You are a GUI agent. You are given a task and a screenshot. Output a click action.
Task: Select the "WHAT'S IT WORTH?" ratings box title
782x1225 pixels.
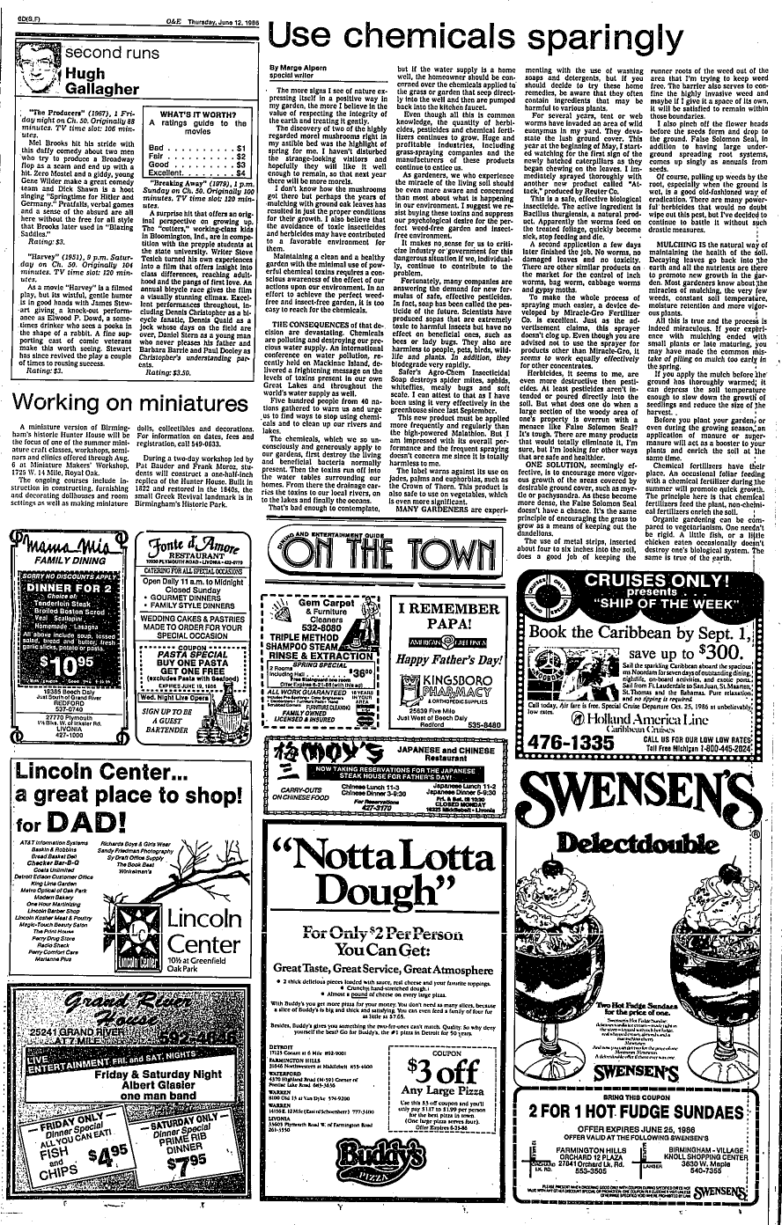pos(201,114)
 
